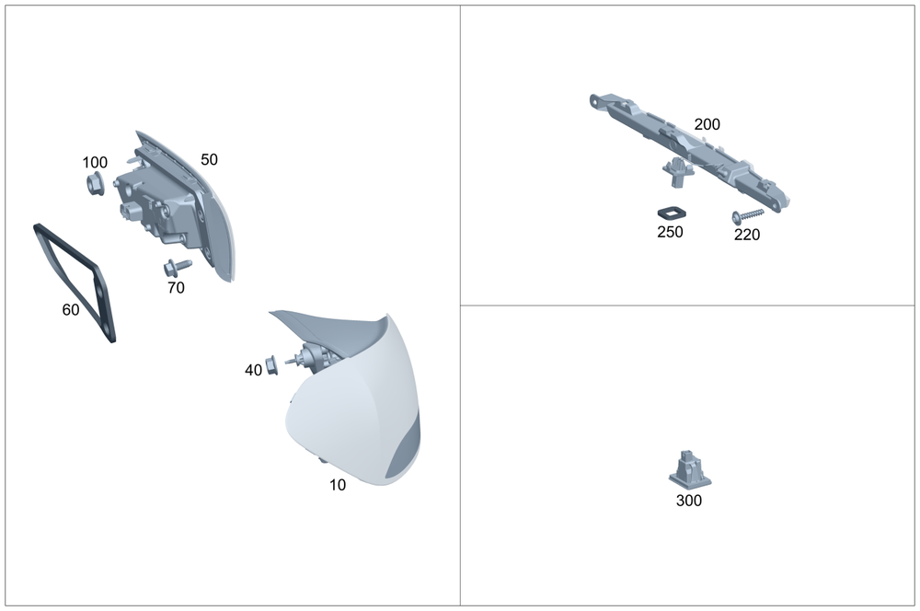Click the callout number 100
(95, 162)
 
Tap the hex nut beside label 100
(95, 184)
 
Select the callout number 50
(209, 159)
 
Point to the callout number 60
(71, 309)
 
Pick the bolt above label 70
(178, 268)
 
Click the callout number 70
(176, 288)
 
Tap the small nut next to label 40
(271, 365)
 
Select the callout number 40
(254, 370)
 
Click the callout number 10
(338, 485)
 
